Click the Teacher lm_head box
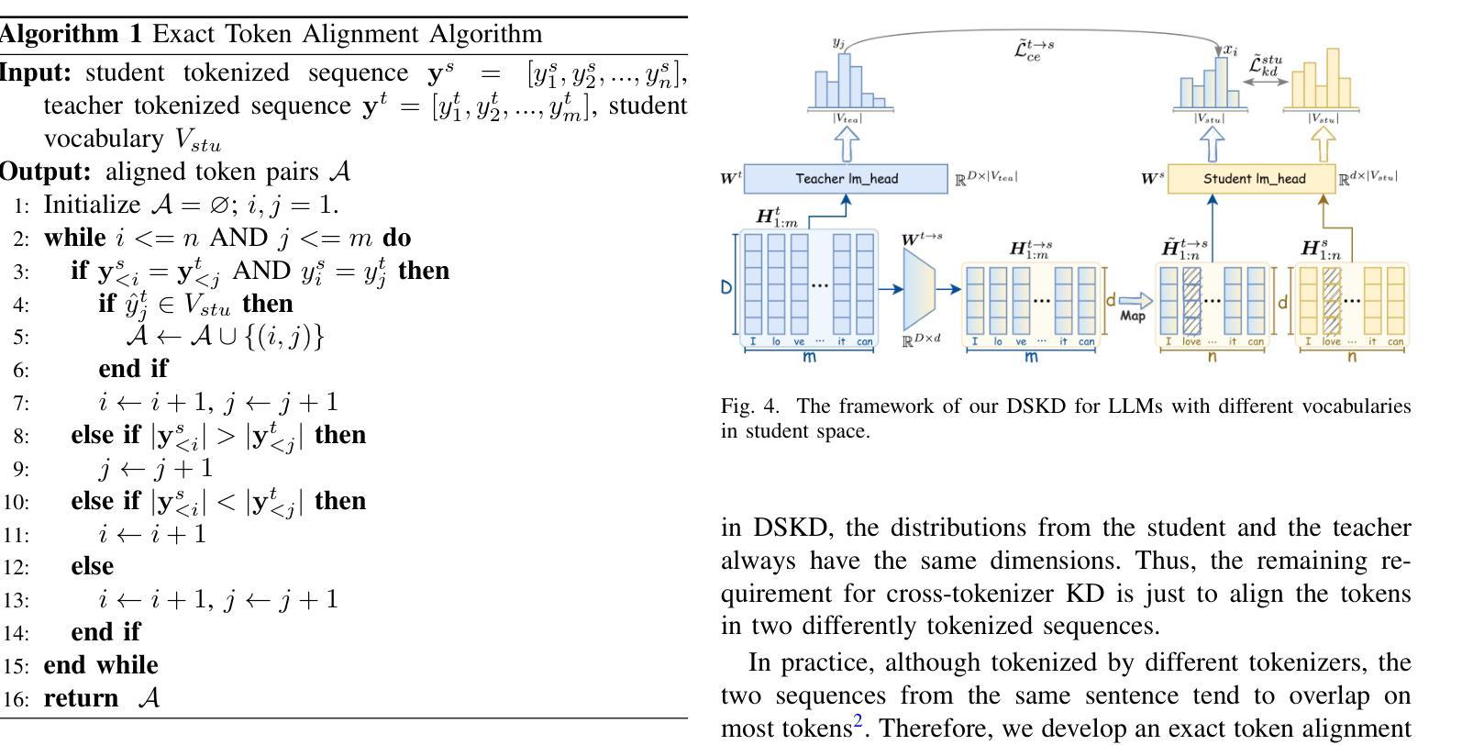click(x=846, y=178)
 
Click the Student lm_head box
click(x=1251, y=178)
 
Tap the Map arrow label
click(x=1133, y=316)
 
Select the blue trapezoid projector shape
click(x=919, y=289)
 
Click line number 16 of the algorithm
click(x=16, y=699)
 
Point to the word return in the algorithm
click(x=81, y=698)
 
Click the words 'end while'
click(x=101, y=664)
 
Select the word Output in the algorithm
click(x=45, y=172)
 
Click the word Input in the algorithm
click(x=35, y=72)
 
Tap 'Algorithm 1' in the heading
click(x=71, y=34)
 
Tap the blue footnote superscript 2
click(x=858, y=719)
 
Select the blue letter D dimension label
click(x=725, y=287)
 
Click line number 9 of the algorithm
click(x=20, y=470)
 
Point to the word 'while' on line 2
click(x=74, y=238)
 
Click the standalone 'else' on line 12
click(x=92, y=566)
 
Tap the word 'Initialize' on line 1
click(x=92, y=205)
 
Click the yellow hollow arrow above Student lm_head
click(x=1323, y=144)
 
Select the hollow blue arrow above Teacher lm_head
click(x=847, y=144)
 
